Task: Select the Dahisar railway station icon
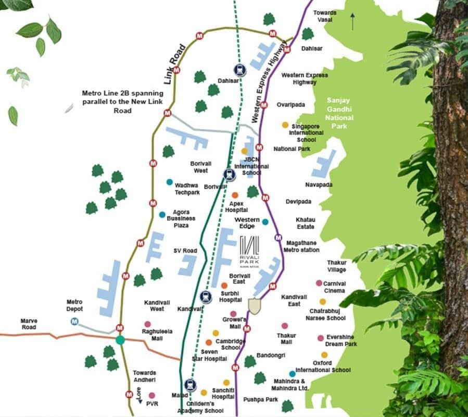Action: [x=239, y=70]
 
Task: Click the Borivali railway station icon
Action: [x=230, y=175]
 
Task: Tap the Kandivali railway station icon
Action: [x=206, y=298]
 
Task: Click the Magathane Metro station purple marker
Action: [x=278, y=238]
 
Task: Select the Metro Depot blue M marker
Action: [x=75, y=321]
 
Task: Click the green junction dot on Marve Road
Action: [x=120, y=340]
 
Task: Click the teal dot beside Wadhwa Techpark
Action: [x=169, y=182]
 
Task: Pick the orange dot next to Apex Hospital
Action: [x=235, y=195]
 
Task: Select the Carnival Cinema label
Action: [x=334, y=287]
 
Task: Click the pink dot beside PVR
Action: [x=151, y=396]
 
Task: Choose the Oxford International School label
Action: [x=323, y=366]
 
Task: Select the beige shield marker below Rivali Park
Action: [x=254, y=306]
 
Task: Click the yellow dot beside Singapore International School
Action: [x=285, y=125]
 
